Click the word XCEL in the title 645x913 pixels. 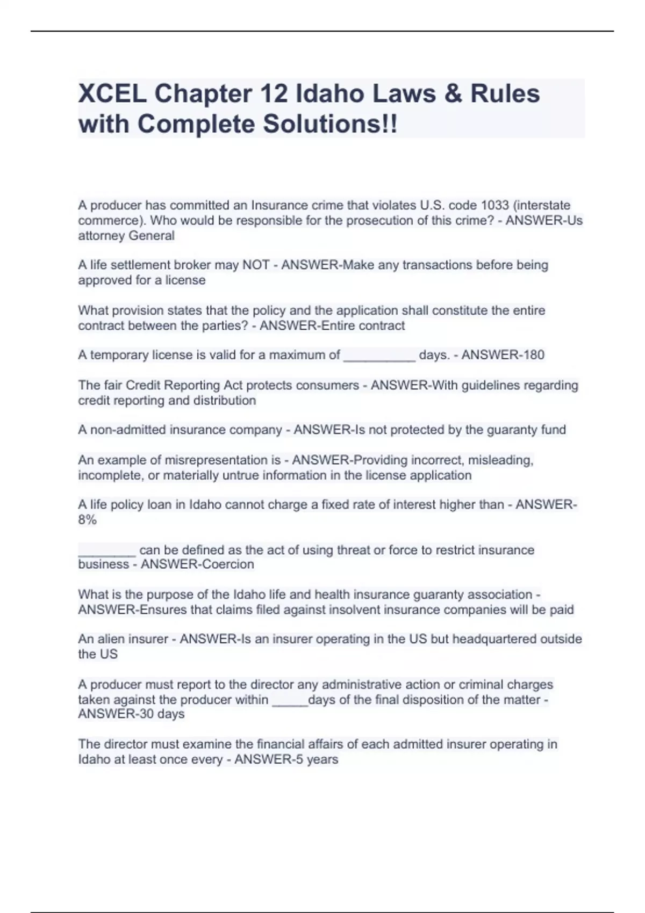tap(111, 93)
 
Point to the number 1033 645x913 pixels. tap(494, 205)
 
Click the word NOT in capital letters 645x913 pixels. tap(256, 265)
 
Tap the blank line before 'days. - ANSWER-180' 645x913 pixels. tap(379, 356)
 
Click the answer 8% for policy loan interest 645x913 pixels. tap(87, 520)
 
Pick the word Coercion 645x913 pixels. tap(227, 564)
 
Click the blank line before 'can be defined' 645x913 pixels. tap(107, 552)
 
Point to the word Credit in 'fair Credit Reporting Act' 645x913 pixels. tap(142, 385)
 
